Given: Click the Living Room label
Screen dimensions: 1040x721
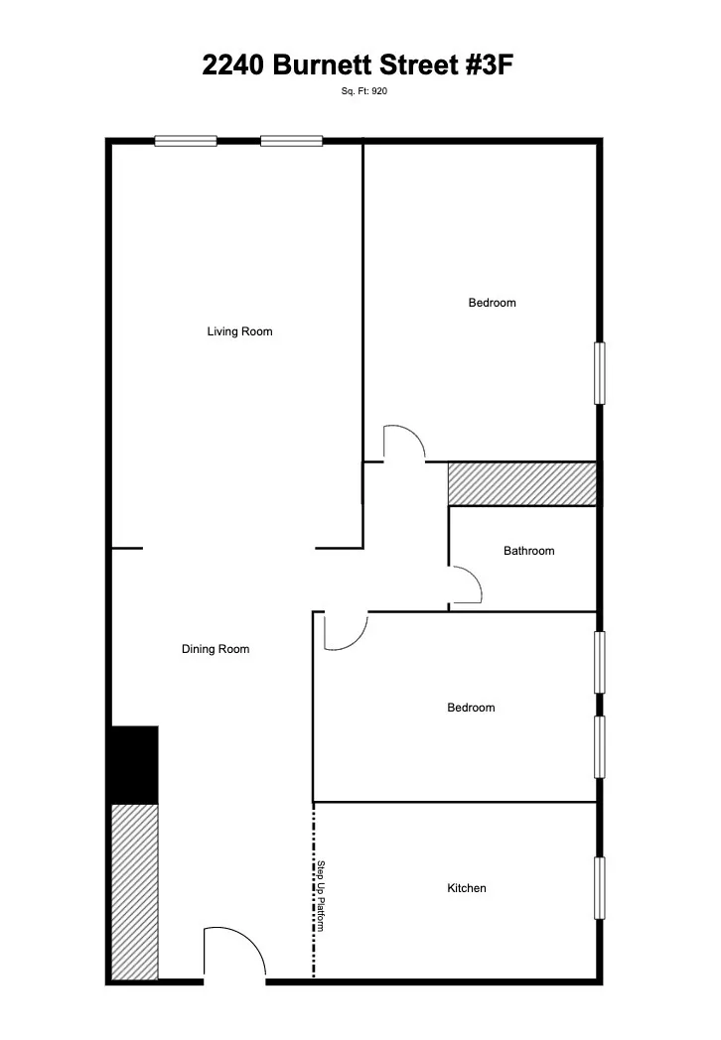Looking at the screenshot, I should [239, 331].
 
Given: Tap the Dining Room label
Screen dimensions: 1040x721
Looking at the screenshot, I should [216, 649].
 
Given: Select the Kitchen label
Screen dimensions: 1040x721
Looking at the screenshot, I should [467, 888].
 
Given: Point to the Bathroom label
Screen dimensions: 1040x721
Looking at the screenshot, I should [528, 551].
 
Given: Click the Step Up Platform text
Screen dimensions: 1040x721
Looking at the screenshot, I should [322, 895].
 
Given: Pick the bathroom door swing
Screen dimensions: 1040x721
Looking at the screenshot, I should [467, 585].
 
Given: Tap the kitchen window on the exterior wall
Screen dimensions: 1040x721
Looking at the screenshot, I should [599, 888].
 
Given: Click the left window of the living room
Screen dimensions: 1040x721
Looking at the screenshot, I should [186, 141].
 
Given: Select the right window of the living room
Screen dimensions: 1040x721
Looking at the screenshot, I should [292, 141].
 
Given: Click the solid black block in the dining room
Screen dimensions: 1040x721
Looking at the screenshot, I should [134, 764].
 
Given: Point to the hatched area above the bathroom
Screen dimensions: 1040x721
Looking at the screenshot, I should [521, 483].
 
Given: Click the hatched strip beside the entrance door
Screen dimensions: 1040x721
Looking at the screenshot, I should [134, 891].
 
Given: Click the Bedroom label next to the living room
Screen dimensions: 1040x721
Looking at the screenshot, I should [493, 303].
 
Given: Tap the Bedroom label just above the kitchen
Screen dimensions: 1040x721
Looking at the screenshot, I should [471, 708].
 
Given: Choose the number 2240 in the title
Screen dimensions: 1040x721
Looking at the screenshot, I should [234, 65].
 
